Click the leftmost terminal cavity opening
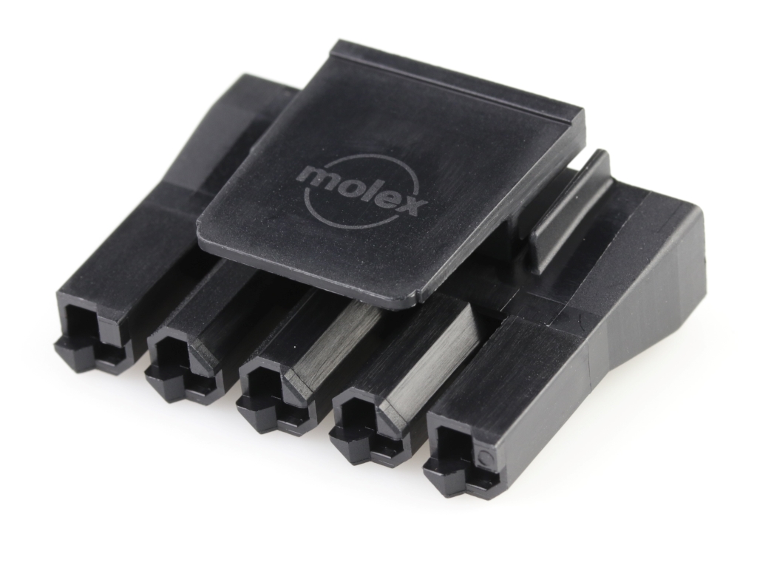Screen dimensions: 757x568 pos(81,325)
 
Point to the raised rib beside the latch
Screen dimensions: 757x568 pos(570,212)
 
